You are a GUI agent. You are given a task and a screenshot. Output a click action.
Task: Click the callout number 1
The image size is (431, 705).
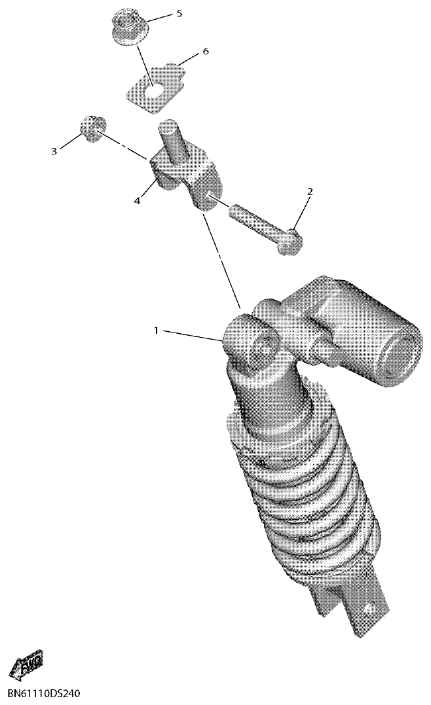click(156, 331)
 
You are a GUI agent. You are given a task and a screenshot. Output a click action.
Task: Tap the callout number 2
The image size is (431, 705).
click(310, 192)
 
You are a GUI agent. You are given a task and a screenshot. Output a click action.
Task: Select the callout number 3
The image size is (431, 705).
click(54, 151)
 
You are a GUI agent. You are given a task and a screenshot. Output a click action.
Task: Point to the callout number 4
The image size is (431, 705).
click(137, 201)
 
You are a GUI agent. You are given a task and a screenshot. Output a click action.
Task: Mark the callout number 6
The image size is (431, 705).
click(205, 51)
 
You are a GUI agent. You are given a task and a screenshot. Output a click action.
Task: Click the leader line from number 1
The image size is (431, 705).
click(193, 335)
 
